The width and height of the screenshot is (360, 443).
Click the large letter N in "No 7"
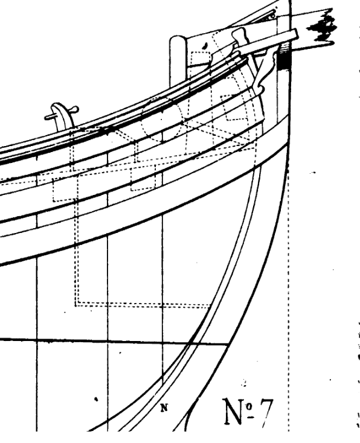[x=234, y=411]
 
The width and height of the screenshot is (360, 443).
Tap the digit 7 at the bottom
[x=266, y=413]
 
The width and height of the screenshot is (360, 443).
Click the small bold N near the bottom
[x=164, y=407]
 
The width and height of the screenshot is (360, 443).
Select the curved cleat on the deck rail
[x=62, y=116]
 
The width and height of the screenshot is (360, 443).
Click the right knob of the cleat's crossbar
[x=76, y=109]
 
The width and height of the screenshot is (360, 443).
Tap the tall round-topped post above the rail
[x=178, y=61]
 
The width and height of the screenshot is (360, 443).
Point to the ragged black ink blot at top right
[x=323, y=27]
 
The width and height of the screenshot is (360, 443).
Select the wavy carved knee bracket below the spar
[x=265, y=71]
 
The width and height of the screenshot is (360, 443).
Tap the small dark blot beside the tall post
[x=205, y=45]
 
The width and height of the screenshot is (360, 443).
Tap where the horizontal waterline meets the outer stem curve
[x=228, y=344]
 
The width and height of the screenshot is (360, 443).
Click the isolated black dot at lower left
[x=96, y=399]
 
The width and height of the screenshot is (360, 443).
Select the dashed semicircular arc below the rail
[x=161, y=119]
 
